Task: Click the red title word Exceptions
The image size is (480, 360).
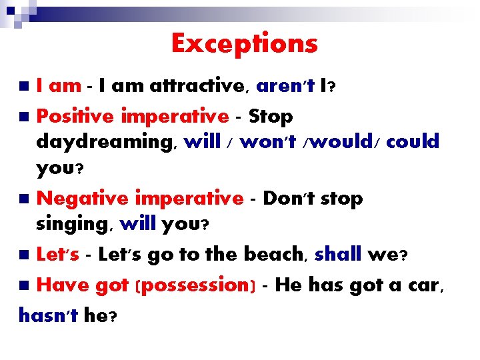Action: (245, 44)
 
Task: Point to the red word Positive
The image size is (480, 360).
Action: (75, 117)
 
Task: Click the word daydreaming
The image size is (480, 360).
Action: (106, 142)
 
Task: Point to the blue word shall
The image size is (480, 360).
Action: (338, 254)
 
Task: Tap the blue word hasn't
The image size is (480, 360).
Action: (49, 315)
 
